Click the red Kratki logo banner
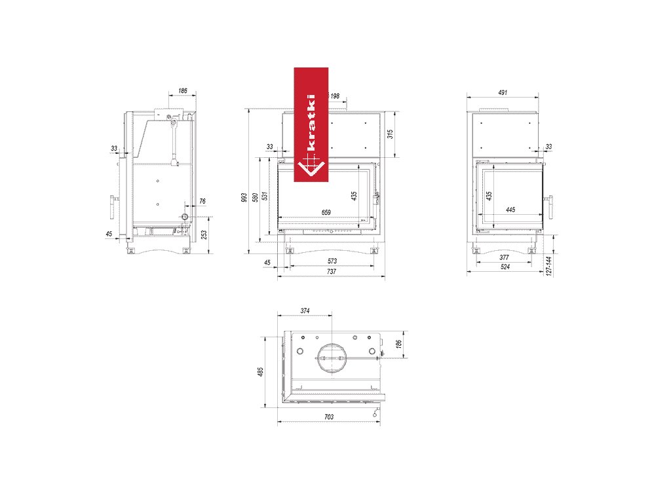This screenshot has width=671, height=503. point(311,124)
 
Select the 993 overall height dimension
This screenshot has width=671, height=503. point(244,197)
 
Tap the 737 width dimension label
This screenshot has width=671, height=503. point(331,271)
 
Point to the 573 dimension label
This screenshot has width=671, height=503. point(332,261)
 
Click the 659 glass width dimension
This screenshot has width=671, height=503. point(326,212)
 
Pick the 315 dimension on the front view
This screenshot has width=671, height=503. point(390,134)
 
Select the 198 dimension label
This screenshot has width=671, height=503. point(335,96)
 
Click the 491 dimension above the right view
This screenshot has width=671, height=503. point(503,92)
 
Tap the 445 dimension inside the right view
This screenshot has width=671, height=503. point(510,210)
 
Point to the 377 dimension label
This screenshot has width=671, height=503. point(504,257)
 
